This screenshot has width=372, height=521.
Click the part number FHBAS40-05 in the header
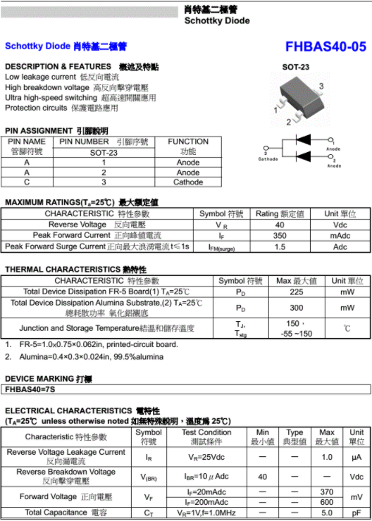(325, 46)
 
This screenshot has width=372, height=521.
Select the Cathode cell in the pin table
(188, 182)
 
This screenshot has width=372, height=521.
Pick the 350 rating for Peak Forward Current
(280, 235)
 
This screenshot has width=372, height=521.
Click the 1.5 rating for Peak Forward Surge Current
(280, 247)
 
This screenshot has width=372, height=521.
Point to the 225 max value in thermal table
(296, 291)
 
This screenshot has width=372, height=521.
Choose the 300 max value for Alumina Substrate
(296, 308)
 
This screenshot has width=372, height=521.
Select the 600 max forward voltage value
(326, 502)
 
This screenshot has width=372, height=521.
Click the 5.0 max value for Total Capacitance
(326, 513)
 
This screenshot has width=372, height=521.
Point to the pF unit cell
(356, 513)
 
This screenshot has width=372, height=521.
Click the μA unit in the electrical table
(356, 457)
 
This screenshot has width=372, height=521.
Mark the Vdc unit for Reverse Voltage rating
(340, 224)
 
